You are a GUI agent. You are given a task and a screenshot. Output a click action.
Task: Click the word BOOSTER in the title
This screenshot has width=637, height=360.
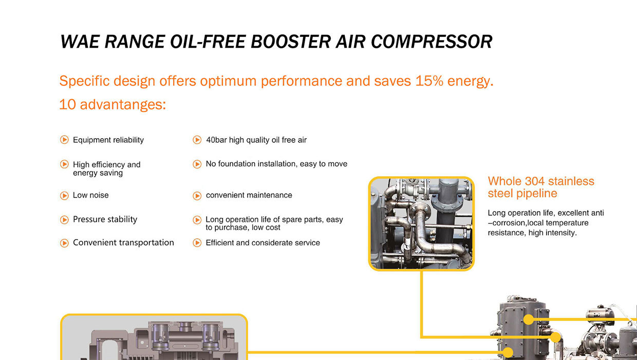pyautogui.click(x=290, y=42)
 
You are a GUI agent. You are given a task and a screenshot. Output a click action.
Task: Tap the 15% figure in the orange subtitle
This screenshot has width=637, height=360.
pyautogui.click(x=429, y=81)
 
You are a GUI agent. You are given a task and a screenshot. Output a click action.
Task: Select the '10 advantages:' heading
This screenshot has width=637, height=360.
pyautogui.click(x=113, y=104)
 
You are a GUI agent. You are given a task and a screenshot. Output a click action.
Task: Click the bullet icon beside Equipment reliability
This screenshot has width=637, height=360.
pyautogui.click(x=64, y=140)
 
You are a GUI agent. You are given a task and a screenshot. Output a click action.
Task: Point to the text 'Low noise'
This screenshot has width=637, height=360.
pyautogui.click(x=91, y=195)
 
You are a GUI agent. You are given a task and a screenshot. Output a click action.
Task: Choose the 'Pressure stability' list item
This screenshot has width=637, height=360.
pyautogui.click(x=105, y=219)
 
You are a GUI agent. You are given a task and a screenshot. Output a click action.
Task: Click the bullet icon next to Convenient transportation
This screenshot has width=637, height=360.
pyautogui.click(x=64, y=243)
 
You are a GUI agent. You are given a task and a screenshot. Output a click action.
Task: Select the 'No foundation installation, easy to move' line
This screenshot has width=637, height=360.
pyautogui.click(x=276, y=164)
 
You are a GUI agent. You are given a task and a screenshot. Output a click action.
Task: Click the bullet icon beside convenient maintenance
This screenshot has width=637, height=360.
pyautogui.click(x=197, y=196)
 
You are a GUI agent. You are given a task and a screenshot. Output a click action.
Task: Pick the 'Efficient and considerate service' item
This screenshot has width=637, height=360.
pyautogui.click(x=263, y=242)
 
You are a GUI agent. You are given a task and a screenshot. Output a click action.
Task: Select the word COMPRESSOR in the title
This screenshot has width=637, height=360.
pyautogui.click(x=432, y=42)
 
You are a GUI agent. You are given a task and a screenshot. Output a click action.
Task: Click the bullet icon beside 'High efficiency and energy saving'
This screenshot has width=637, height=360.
pyautogui.click(x=64, y=164)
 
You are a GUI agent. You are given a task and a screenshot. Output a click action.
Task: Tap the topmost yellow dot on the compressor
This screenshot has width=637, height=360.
pyautogui.click(x=529, y=319)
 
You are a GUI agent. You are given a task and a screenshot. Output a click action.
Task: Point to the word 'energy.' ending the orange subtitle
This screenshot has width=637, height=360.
pyautogui.click(x=471, y=82)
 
